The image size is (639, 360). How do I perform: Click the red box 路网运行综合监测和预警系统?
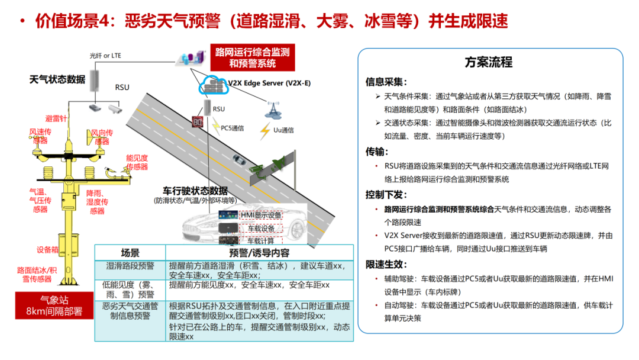252,57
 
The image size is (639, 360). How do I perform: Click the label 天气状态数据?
57,79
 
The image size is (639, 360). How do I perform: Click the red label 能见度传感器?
137,162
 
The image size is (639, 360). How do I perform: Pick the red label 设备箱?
48,249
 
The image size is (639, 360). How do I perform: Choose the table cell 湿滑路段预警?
130,266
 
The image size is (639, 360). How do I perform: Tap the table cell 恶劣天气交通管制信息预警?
130,311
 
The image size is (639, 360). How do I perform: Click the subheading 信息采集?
386,82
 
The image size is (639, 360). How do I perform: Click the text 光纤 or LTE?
105,56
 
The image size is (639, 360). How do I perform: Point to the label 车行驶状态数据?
195,191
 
